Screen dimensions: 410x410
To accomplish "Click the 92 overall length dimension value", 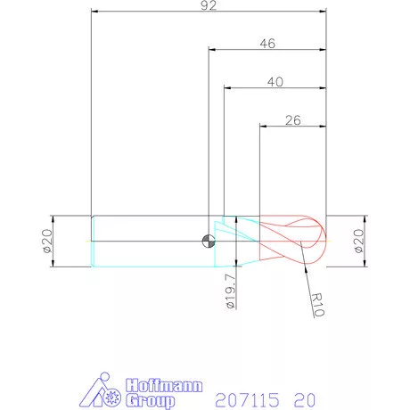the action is coord(209,5).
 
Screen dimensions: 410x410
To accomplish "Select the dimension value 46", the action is coord(267,44).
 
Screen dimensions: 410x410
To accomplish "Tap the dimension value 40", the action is coord(275,82).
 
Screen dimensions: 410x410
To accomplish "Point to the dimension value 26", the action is coord(293,120).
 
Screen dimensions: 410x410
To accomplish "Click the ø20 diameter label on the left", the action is coord(47,241).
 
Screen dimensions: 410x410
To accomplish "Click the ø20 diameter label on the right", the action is coord(359,241).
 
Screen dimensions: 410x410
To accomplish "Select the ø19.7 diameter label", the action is coord(231,291).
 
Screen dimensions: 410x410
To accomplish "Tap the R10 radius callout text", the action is coord(317,305).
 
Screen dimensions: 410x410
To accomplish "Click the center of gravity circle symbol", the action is coord(209,241).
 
